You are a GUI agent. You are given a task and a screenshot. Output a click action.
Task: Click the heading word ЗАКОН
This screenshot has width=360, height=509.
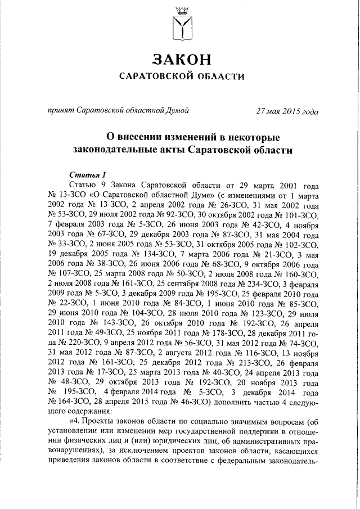(x=179, y=59)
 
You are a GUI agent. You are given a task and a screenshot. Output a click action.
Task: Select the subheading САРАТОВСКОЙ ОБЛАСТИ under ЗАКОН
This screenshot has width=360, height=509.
(x=179, y=76)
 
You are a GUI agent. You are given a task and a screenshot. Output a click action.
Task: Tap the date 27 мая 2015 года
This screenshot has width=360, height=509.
(x=287, y=111)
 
